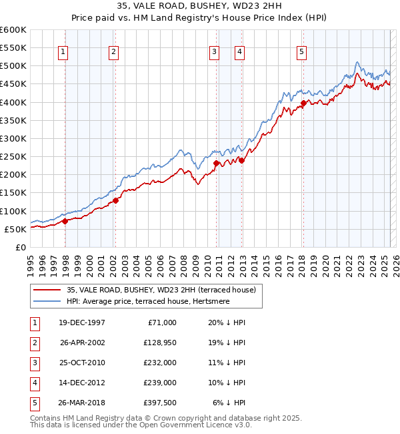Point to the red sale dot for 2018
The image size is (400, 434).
click(x=303, y=103)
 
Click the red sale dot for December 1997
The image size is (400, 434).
click(x=65, y=222)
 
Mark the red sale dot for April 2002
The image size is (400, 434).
click(x=115, y=200)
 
